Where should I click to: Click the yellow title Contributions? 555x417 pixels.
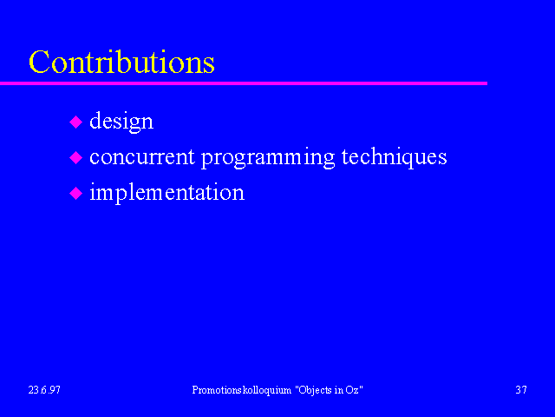121,62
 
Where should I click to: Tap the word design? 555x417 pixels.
121,122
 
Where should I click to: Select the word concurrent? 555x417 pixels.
142,157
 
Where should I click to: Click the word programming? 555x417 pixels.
268,158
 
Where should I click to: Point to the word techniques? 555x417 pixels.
394,157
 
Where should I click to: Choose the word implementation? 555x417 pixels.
167,193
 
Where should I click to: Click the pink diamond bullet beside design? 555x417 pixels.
75,122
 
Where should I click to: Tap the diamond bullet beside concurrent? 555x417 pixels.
75,158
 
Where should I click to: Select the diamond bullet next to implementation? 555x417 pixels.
75,194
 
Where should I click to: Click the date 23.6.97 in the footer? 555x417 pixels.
44,390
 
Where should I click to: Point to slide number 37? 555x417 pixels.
521,390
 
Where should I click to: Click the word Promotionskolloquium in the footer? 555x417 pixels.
242,390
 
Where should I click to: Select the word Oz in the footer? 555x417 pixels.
354,390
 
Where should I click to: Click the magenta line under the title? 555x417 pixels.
244,83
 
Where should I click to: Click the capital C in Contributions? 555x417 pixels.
39,62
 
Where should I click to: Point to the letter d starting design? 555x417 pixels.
95,121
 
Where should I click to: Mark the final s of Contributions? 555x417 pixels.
209,66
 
